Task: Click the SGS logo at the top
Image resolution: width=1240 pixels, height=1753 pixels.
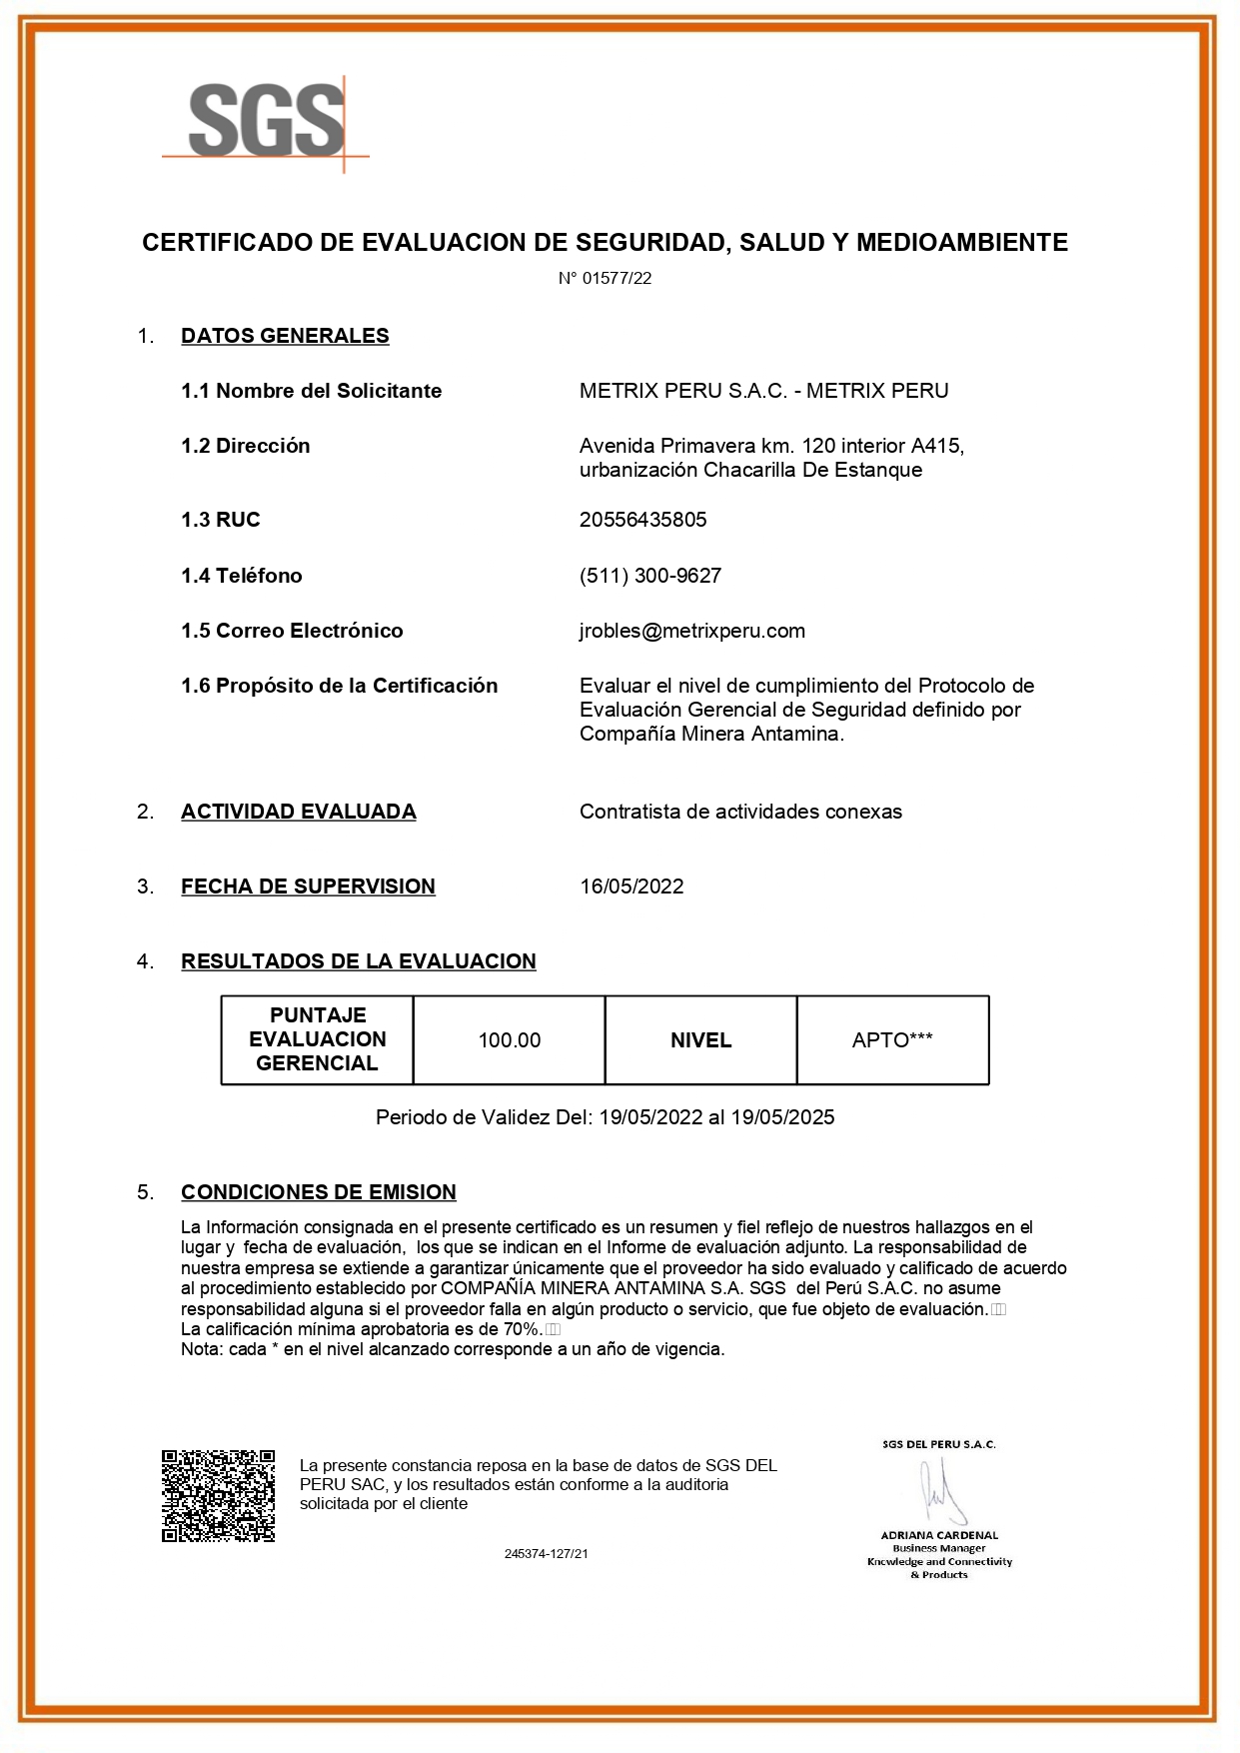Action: tap(266, 121)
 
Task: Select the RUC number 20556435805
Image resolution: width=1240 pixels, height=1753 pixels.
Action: tap(642, 520)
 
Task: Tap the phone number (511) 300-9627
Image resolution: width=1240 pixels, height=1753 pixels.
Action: tap(649, 576)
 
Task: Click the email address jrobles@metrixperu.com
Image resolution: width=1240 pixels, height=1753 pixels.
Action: tap(691, 631)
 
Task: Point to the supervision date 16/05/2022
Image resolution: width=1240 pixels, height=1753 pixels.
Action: tap(631, 886)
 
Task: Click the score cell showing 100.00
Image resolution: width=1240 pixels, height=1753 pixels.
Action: tap(509, 1040)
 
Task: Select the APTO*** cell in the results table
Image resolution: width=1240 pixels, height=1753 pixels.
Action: tap(892, 1040)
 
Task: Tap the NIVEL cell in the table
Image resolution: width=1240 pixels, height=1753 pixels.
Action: tap(700, 1040)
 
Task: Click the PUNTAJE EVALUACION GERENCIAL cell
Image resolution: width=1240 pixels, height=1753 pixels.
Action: tap(317, 1039)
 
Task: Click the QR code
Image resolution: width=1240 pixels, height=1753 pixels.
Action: tap(218, 1495)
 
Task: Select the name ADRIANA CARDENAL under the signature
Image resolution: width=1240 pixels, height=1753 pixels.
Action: tap(939, 1535)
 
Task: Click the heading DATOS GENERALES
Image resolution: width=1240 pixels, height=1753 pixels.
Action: tap(285, 336)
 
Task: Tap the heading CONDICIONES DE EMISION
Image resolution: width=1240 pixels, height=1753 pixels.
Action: tap(318, 1192)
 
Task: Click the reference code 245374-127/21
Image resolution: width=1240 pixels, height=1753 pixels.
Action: tap(546, 1554)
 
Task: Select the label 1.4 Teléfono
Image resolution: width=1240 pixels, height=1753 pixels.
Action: tap(241, 576)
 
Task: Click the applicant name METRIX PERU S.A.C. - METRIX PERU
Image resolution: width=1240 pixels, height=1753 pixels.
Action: tap(763, 391)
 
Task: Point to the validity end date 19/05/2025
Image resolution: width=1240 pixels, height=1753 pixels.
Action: tap(782, 1117)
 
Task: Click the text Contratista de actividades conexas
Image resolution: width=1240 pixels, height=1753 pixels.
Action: tap(740, 812)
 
